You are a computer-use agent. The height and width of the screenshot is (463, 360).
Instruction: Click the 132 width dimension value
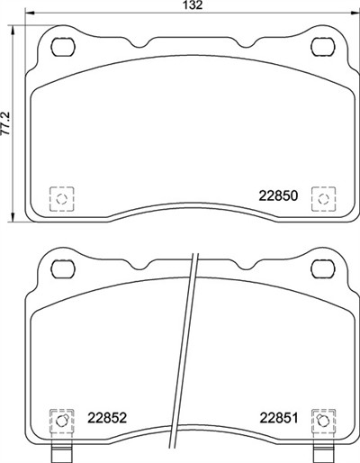193,5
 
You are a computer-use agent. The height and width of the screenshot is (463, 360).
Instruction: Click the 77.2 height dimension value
6,123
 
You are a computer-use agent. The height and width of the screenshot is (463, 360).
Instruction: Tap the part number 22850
278,196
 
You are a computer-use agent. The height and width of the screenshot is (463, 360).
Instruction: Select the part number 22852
107,418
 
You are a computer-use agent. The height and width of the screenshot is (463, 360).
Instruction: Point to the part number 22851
279,418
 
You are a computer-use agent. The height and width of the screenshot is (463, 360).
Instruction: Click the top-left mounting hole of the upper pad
63,47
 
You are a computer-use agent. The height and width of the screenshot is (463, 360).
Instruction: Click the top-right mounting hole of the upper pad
323,47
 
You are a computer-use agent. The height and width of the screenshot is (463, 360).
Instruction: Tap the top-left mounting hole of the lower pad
63,269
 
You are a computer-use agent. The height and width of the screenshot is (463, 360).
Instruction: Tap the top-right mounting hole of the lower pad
323,269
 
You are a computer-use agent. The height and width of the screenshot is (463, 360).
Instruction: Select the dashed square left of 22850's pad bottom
61,198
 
